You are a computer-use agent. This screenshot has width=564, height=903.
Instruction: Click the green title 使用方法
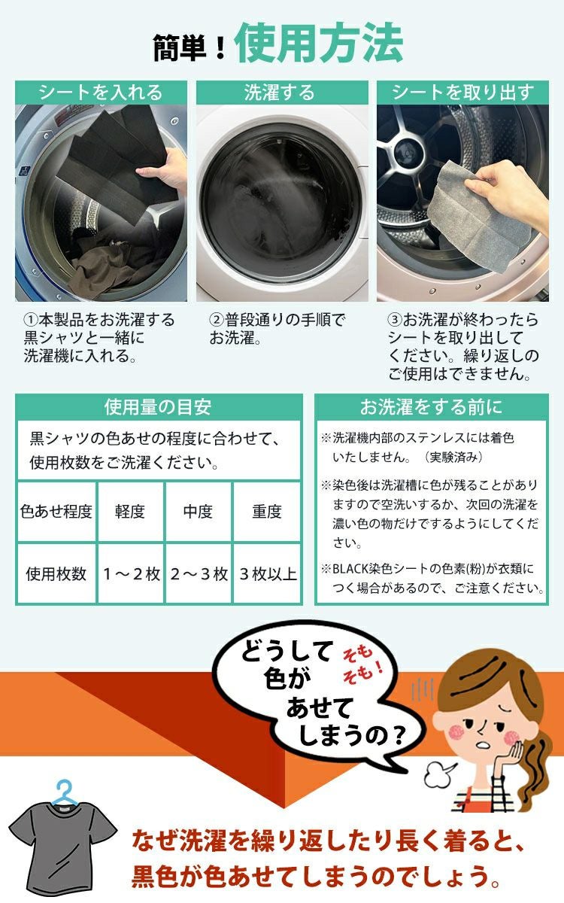(319, 44)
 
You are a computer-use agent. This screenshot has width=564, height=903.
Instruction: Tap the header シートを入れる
(100, 93)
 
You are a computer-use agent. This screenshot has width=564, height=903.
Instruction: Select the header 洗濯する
(282, 93)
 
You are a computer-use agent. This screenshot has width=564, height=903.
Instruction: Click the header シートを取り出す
(463, 93)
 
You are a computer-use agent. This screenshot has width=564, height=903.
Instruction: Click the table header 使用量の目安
(158, 407)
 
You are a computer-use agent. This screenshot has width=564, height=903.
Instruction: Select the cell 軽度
(130, 512)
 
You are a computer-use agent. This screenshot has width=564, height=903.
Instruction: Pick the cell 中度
(198, 512)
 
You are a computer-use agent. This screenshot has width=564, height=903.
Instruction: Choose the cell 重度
(266, 512)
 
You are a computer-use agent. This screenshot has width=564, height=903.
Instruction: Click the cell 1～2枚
(130, 574)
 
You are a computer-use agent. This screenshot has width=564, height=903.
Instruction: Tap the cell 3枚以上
(266, 574)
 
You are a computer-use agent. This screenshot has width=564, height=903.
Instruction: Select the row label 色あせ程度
(56, 512)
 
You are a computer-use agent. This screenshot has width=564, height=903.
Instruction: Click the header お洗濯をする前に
(431, 407)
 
